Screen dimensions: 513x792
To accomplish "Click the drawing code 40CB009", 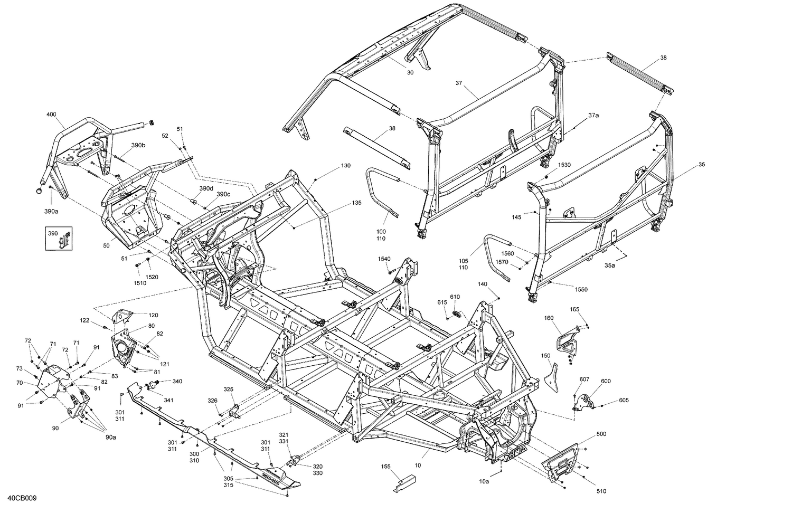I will (x=22, y=498).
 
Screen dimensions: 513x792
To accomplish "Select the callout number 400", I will (x=51, y=115).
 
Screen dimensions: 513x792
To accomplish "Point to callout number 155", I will (x=386, y=467).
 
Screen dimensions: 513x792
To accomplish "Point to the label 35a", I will (x=610, y=265).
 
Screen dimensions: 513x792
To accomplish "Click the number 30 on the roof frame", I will (x=410, y=73).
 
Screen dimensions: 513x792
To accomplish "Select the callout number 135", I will (x=357, y=203).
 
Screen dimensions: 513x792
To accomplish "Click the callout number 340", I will (x=177, y=381).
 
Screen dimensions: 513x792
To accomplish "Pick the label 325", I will (x=228, y=389).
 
